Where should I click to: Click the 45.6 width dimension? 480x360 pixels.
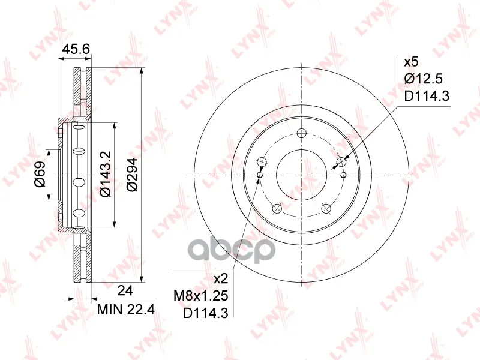(76, 49)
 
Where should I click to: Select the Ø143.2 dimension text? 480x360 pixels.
(106, 174)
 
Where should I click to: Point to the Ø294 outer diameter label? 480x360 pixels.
(133, 175)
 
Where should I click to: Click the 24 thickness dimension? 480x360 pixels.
(125, 290)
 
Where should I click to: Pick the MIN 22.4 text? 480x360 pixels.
(126, 310)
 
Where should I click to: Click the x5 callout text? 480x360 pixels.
(411, 62)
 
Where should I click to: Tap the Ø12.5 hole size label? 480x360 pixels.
(424, 79)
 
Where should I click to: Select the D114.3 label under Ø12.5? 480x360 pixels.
(427, 96)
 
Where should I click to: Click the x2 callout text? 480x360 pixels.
(221, 279)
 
